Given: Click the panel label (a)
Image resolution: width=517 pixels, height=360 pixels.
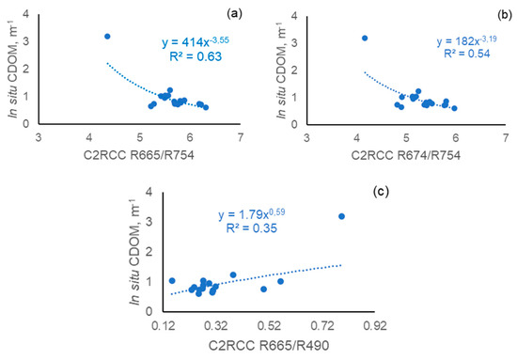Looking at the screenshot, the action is pos(234,13).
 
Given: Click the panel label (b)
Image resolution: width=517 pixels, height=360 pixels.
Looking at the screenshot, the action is pos(504,15).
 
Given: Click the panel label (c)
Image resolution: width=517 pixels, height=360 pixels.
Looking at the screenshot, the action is pos(381,192).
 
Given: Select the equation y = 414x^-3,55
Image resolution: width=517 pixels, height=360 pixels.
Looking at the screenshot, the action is pos(196,42).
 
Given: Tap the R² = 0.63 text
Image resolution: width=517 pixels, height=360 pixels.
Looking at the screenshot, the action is pos(196,56).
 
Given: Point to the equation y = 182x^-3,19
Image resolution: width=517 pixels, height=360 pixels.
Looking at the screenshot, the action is pos(467,40).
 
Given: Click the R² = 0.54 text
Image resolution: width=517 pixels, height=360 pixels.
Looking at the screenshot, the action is pos(467,54).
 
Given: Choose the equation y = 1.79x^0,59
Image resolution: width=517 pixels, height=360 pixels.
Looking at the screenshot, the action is pos(252,214).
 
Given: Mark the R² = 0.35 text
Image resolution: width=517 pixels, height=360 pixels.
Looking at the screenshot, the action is pos(252,228).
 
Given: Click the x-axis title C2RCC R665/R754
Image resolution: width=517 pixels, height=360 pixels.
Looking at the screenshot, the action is pos(139,155).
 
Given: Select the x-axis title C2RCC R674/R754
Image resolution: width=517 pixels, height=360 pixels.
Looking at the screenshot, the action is pos(405,155).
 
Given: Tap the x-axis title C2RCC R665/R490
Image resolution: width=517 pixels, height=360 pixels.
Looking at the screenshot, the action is pos(269,346).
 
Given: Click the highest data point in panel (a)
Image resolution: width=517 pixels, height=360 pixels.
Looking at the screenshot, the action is pos(107,37).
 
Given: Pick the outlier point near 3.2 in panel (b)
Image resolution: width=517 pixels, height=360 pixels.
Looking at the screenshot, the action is pos(365,39).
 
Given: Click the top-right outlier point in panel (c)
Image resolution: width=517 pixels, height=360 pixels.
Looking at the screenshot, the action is pos(341,216).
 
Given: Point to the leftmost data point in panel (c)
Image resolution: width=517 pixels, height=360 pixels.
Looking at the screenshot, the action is pos(172,281).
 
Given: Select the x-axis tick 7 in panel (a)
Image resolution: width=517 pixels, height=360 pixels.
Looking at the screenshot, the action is pos(241,137).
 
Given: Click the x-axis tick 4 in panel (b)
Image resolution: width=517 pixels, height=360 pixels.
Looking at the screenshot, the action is pos(357,137).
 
